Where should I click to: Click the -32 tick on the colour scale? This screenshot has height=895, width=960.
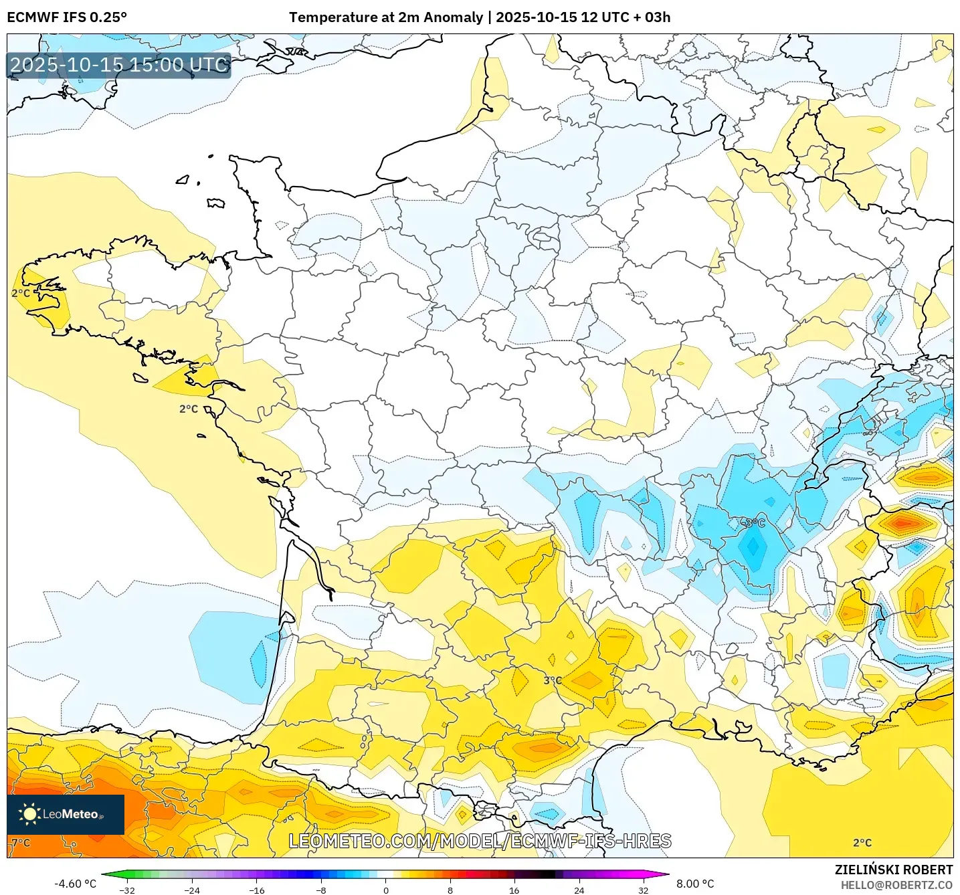point(127,890)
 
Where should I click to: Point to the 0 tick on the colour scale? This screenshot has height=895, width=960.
point(386,890)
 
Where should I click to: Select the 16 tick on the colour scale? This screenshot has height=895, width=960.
point(514,890)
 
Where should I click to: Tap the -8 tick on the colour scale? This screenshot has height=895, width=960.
point(321,890)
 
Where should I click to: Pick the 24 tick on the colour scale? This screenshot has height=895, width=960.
point(579,890)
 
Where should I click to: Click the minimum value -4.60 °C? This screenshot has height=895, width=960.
point(75,884)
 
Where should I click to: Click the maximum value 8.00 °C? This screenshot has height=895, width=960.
point(695,884)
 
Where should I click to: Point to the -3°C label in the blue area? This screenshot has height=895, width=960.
point(753,522)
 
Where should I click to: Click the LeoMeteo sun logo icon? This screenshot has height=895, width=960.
point(29,814)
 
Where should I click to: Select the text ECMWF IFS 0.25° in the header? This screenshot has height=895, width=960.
point(67,17)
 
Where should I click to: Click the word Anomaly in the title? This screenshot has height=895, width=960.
point(458,17)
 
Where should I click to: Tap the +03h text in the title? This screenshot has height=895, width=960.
point(653,17)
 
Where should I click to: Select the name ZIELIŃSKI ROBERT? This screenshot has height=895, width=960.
point(894,870)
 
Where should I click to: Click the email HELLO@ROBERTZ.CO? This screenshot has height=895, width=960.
point(896,885)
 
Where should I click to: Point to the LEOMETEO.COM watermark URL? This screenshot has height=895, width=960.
point(480,841)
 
